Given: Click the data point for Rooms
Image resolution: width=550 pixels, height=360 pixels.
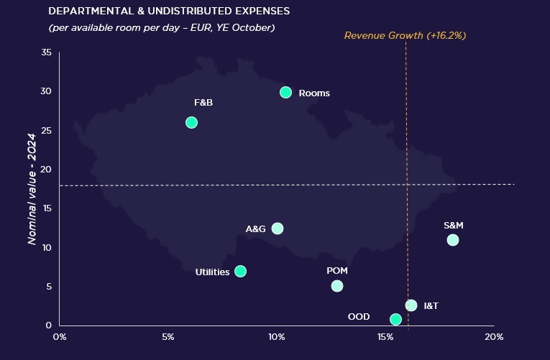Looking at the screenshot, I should (285, 92).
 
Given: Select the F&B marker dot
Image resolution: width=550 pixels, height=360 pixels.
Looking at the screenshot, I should (191, 122).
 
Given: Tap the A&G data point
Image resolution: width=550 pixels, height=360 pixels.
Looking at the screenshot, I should (278, 229).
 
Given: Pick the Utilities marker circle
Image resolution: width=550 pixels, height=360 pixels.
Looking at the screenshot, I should (240, 271).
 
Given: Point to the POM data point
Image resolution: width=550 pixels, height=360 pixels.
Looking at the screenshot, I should (337, 286).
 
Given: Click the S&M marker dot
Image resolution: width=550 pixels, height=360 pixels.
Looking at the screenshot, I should (452, 240).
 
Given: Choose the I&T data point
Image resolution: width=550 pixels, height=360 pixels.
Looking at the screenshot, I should (411, 305).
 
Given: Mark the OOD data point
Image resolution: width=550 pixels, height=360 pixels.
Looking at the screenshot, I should (395, 319).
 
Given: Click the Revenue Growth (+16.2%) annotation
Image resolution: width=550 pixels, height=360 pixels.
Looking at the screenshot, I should (406, 34).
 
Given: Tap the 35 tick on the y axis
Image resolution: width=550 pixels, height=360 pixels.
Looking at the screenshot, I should (47, 52).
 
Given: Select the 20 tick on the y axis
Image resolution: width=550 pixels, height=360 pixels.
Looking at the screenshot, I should (47, 170).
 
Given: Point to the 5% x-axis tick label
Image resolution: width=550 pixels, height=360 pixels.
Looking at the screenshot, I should (168, 336).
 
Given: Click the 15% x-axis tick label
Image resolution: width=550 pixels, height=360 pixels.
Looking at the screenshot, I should (385, 336).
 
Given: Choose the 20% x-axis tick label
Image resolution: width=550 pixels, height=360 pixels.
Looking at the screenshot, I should (494, 336).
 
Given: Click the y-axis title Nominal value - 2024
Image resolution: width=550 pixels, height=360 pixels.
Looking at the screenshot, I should (32, 188).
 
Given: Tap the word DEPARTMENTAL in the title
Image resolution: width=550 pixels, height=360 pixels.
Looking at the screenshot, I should (85, 12).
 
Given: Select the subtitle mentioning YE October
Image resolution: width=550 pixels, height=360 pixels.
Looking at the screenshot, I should (162, 27).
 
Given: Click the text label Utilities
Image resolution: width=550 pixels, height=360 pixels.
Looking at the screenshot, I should (212, 272).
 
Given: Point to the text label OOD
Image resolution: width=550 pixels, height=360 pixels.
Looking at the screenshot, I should (359, 317).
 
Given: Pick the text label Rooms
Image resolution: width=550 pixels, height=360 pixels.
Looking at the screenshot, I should (313, 93).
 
